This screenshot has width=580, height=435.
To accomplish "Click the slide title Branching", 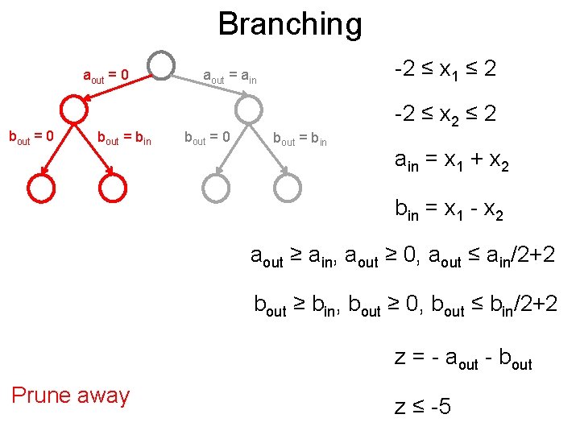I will pyautogui.click(x=290, y=23).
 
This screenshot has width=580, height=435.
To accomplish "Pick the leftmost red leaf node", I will pyautogui.click(x=41, y=188).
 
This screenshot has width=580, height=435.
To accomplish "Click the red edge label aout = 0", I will pyautogui.click(x=106, y=77).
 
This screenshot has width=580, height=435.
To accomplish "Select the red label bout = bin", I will pyautogui.click(x=124, y=138).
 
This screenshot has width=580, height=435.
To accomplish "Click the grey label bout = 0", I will pyautogui.click(x=207, y=138).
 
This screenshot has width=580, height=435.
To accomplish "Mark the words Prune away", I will pyautogui.click(x=70, y=396).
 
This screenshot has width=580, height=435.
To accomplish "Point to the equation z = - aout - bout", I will pyautogui.click(x=463, y=358).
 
